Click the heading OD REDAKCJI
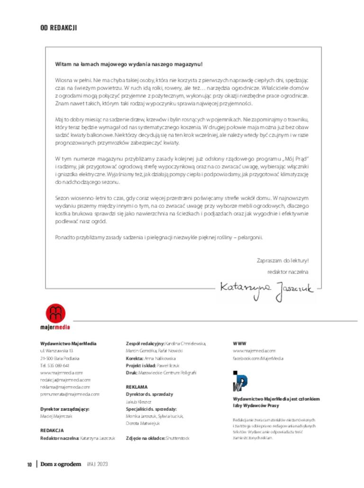(x=59, y=28)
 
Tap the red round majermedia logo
(x=55, y=313)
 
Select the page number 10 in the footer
(x=29, y=464)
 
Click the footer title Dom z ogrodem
(x=61, y=464)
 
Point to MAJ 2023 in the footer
(x=98, y=464)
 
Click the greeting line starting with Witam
(x=128, y=64)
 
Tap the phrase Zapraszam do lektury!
(x=282, y=260)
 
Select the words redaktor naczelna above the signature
(x=288, y=272)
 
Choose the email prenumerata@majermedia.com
(x=70, y=394)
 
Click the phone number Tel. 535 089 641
(x=55, y=366)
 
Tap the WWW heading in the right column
(x=239, y=343)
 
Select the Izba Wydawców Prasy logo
(x=240, y=381)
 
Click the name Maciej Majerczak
(x=56, y=416)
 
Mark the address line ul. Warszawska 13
(x=56, y=351)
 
